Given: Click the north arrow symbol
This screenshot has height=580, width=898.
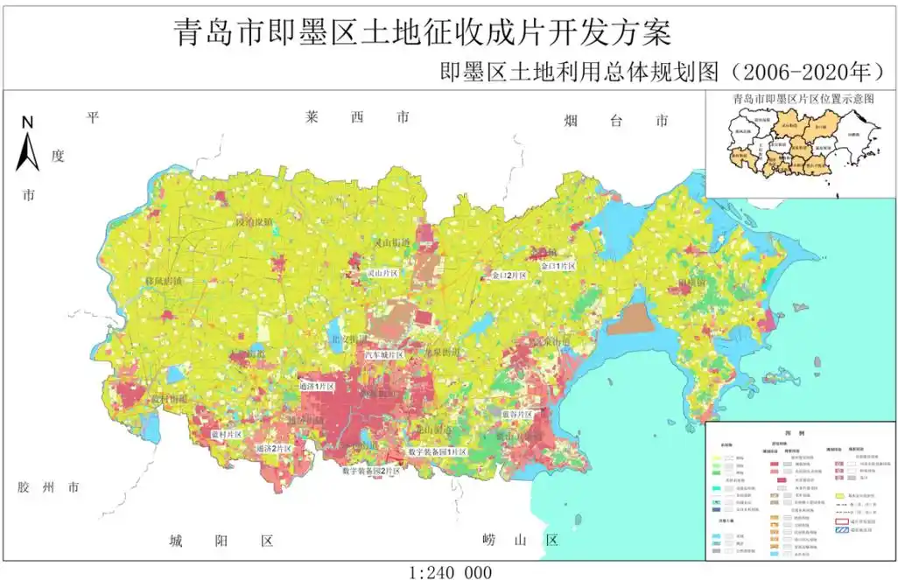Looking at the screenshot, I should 28,144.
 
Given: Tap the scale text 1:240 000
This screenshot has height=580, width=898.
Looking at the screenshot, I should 449,571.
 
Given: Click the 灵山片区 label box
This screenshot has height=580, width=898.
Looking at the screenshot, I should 382,274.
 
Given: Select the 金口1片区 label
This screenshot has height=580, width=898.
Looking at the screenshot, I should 558,265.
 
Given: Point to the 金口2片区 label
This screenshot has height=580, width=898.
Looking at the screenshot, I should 509,275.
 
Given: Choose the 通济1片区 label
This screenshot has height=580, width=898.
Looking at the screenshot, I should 316,386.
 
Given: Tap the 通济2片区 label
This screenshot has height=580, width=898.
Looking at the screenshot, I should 273,448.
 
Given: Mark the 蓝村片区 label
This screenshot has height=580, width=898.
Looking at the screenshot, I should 226,434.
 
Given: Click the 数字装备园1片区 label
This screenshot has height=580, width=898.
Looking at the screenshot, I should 438,451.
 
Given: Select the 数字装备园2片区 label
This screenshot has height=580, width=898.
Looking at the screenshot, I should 371,471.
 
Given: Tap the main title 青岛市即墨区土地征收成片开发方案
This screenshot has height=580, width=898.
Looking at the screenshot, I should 423,32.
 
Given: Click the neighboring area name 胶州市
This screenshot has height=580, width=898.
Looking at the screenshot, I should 48,487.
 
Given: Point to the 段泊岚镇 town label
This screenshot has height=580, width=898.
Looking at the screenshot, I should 255,222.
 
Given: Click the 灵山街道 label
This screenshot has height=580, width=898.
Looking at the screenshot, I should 391,243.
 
